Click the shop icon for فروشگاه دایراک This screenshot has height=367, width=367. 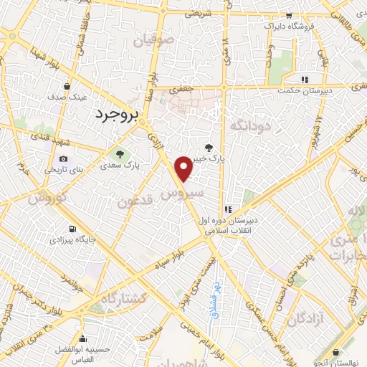(x=289, y=15)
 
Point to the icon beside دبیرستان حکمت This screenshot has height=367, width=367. (x=305, y=80)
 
